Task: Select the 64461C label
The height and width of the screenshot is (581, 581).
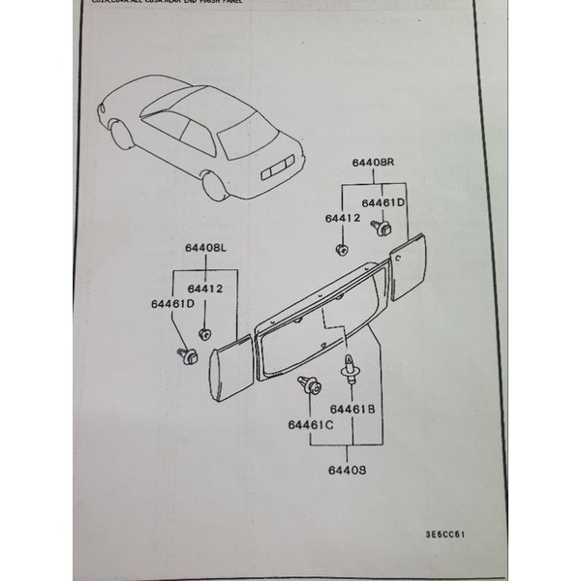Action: coord(310,423)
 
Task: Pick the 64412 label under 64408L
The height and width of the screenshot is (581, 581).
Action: coord(205,289)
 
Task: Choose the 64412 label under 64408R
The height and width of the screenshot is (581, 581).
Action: coord(343,219)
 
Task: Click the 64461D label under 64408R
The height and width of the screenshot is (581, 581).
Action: coord(383,203)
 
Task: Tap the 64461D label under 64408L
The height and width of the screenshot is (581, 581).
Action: coord(173,304)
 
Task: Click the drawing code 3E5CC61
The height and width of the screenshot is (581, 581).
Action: coord(447,533)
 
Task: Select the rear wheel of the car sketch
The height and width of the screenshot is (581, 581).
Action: coord(214,185)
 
